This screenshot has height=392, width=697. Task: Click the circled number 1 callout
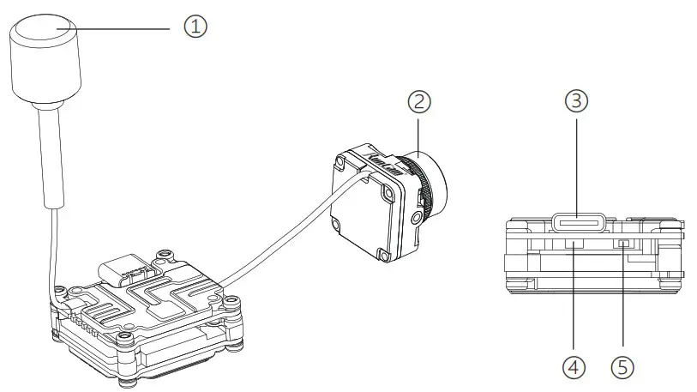196,27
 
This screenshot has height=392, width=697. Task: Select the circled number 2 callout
418,102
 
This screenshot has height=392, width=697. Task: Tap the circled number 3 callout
577,102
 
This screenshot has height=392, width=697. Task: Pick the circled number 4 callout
574,366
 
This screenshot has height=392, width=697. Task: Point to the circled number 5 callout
623,366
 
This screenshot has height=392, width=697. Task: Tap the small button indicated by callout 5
623,244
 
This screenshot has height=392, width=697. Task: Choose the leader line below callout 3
577,163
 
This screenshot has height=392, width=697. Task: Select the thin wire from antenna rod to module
54,249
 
